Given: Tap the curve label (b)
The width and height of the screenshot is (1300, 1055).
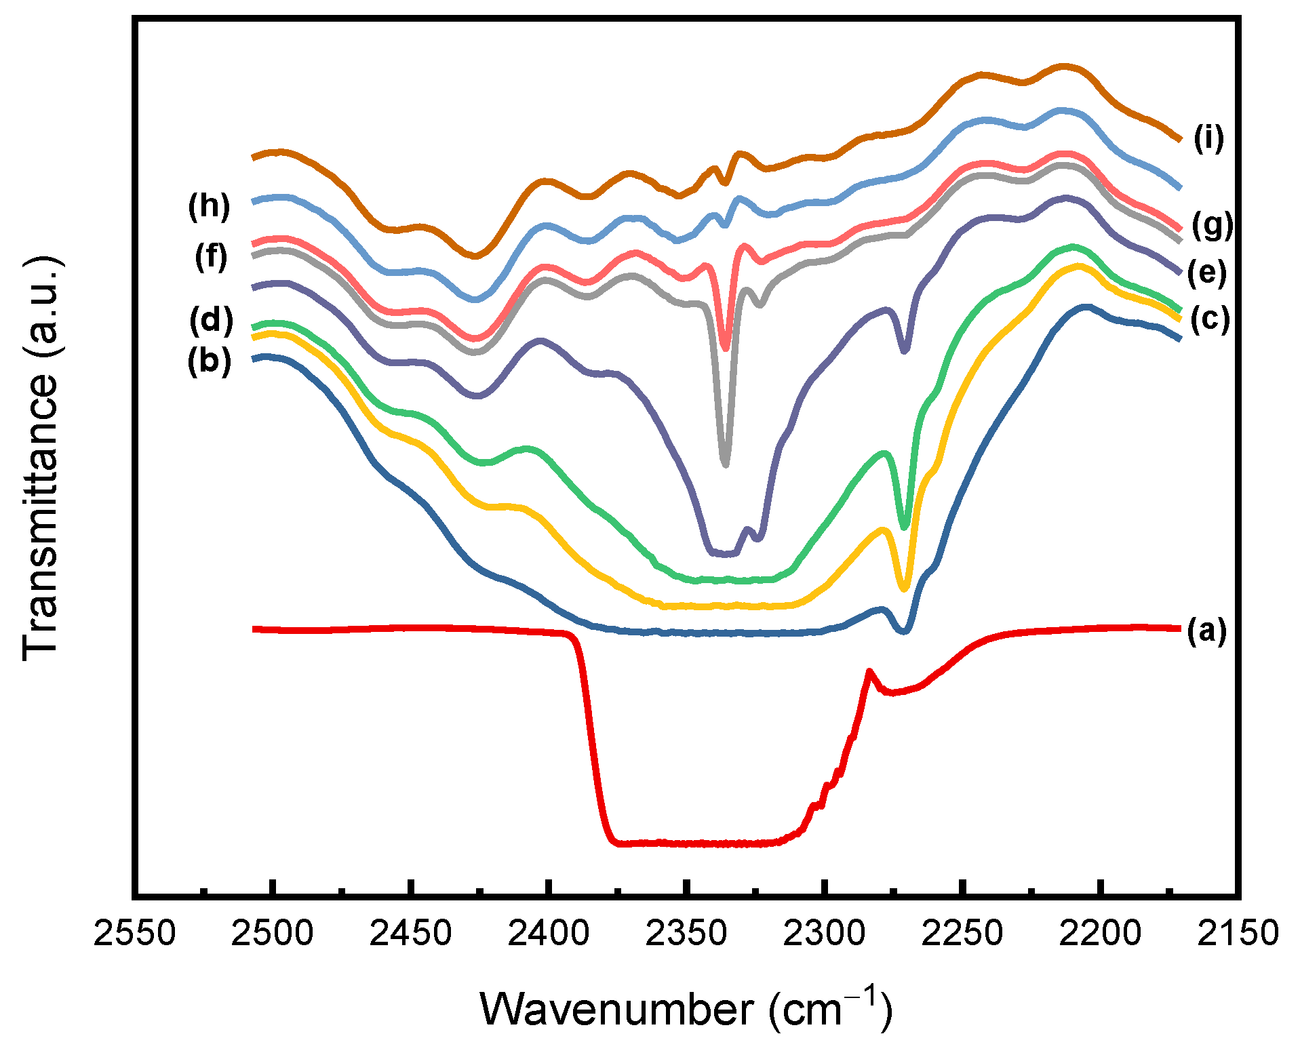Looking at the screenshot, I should point(209,361).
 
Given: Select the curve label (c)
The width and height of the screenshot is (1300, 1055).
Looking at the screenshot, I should point(1210,319).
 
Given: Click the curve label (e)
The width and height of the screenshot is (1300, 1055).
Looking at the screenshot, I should point(1206,273).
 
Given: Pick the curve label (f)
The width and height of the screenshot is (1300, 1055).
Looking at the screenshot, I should point(211,257).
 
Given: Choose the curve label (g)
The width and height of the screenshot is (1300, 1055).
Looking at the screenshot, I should point(1212,226).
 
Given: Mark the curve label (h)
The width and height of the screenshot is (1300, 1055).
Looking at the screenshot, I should point(209,206).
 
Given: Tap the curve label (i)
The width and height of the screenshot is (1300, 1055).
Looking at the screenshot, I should point(1208,138).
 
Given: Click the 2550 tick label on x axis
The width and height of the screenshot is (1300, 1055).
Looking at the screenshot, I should point(134,934).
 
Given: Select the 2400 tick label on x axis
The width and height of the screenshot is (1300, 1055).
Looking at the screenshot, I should point(548,934).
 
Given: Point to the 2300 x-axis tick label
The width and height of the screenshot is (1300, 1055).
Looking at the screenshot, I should point(824,934).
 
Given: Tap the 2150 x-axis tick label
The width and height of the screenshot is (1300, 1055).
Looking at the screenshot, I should point(1238,934).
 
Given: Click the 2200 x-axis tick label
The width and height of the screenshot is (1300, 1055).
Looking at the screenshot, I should point(1100,934).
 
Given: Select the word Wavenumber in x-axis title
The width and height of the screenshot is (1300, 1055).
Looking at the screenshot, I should point(616,1010).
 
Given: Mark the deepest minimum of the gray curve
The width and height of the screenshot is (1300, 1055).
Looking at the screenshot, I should point(726,464).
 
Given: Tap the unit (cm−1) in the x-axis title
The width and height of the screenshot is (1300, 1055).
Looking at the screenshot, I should point(830,1009).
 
